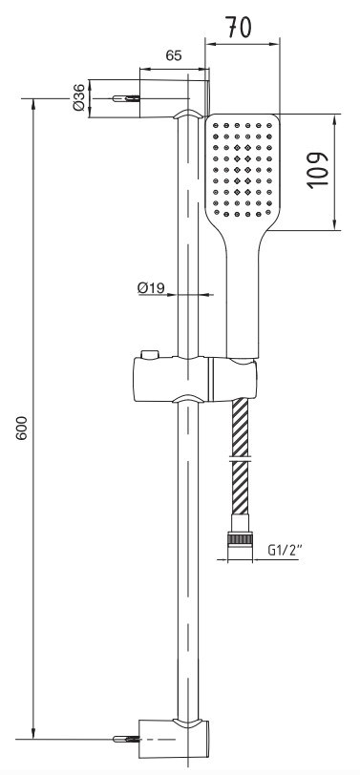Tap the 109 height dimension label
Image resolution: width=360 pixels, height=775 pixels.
pyautogui.click(x=317, y=170)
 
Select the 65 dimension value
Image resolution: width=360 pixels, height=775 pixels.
pyautogui.click(x=174, y=55)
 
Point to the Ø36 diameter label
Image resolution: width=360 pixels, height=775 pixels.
pyautogui.click(x=78, y=97)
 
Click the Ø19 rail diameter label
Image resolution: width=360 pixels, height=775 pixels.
pyautogui.click(x=151, y=287)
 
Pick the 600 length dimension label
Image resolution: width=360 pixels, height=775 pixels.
pyautogui.click(x=21, y=428)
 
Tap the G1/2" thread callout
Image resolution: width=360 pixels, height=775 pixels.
pyautogui.click(x=285, y=550)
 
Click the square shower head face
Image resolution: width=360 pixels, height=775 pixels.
pyautogui.click(x=243, y=167)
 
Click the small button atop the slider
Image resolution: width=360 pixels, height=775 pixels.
pyautogui.click(x=149, y=354)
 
